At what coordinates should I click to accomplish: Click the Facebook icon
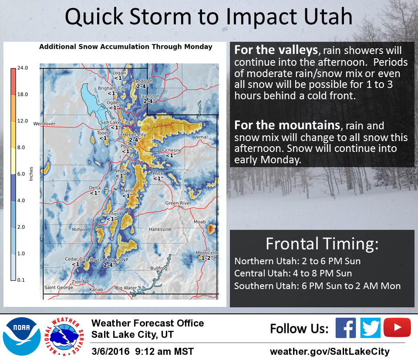345,328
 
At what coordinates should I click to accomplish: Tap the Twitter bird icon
370,328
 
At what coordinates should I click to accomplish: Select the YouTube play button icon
397,327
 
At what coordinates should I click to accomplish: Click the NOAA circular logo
22,336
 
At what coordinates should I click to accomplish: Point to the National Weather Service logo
64,336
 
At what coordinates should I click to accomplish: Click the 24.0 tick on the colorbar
22,68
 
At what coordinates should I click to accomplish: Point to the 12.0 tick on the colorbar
22,121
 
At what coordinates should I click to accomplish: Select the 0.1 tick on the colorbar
21,280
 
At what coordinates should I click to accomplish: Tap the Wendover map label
44,124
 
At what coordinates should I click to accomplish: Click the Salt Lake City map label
115,122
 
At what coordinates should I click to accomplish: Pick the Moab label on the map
200,222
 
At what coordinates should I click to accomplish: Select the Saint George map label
59,287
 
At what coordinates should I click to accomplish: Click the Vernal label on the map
200,137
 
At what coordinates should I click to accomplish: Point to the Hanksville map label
160,229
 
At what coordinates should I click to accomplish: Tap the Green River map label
178,203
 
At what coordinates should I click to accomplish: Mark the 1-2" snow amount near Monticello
207,258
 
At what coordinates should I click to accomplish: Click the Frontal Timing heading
322,244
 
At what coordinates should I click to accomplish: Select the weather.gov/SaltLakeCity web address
330,351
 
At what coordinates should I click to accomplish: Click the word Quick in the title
94,17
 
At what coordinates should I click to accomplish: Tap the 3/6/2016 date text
110,351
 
